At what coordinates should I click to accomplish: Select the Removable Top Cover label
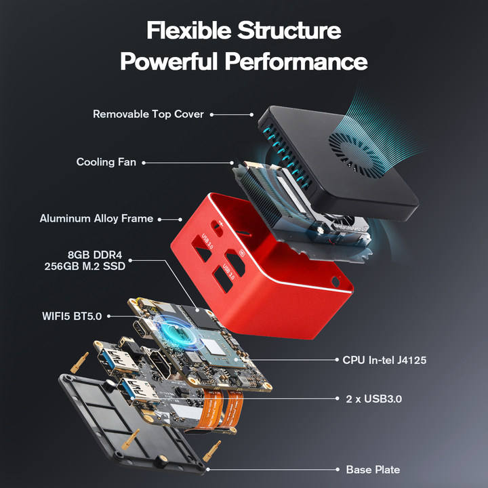tap(148, 115)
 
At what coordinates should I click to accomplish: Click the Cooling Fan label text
tap(106, 163)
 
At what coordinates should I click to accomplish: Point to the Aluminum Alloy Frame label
tap(97, 219)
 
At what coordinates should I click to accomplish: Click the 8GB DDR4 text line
tap(96, 255)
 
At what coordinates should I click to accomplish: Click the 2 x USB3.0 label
tap(374, 399)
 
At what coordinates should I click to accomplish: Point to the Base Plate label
tap(373, 469)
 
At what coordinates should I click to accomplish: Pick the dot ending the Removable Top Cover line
tap(251, 115)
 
